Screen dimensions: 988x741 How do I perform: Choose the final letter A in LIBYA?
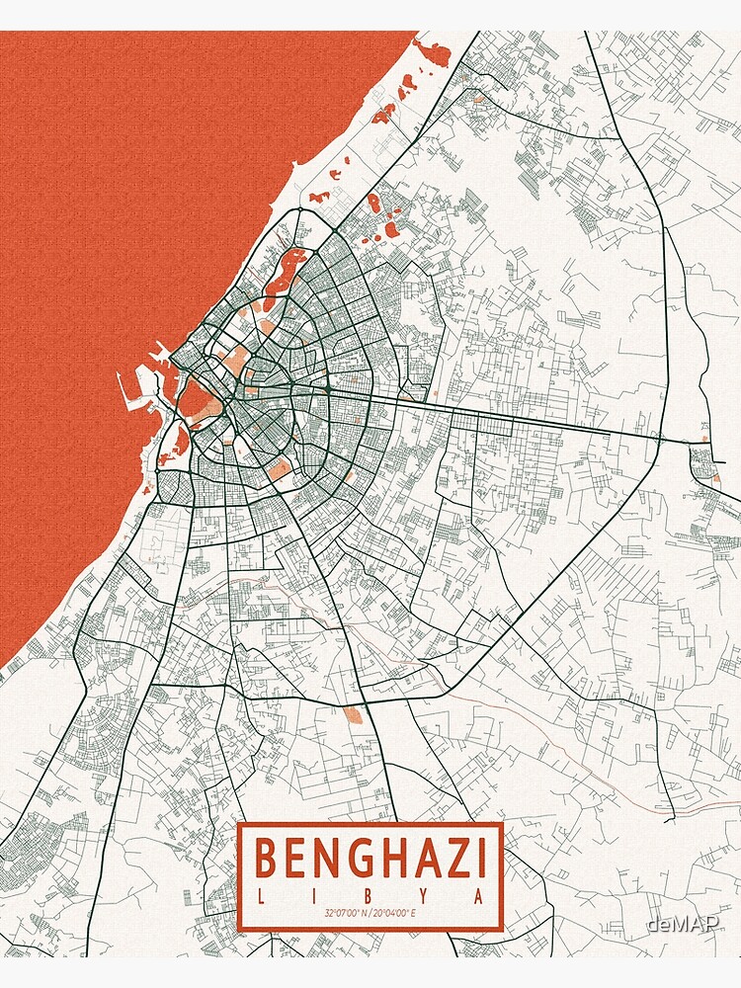(479, 895)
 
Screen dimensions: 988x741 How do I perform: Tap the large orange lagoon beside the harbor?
(196, 397)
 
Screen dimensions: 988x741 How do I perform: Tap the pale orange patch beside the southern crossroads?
(353, 715)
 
